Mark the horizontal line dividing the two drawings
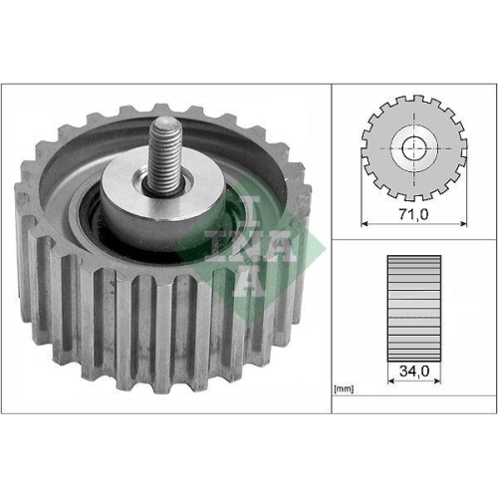point(412,239)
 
